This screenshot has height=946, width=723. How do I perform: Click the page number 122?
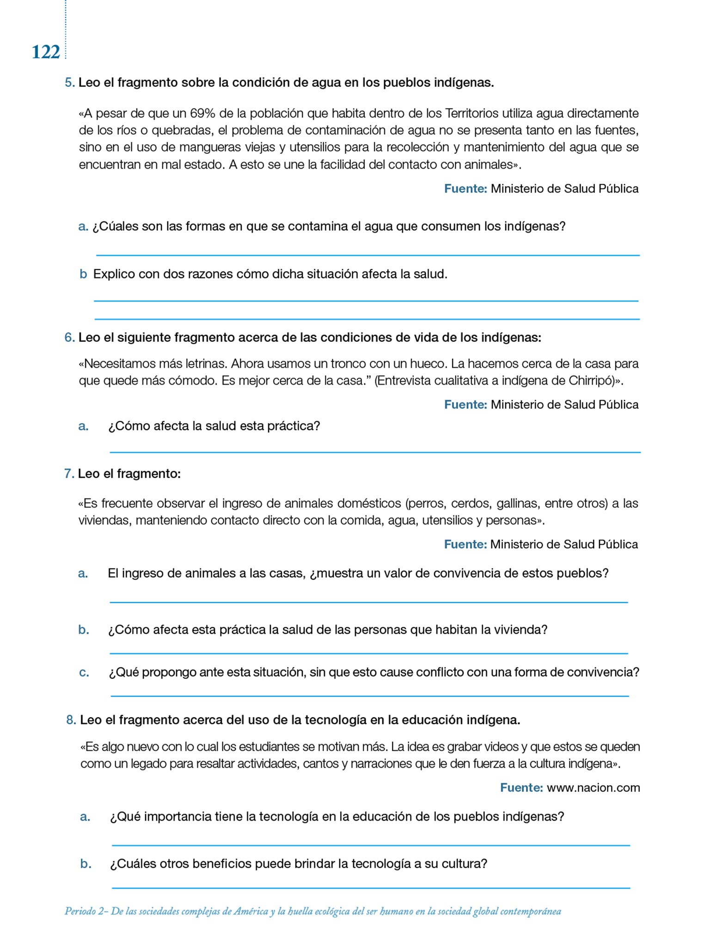point(46,52)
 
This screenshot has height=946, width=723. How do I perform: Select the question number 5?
point(69,83)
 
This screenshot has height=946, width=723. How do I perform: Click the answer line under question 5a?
point(368,255)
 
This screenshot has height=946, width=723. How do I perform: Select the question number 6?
point(69,338)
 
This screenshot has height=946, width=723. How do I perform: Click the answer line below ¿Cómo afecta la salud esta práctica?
point(374,452)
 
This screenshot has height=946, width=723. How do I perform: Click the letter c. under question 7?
point(84,673)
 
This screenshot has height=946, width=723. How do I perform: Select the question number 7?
point(69,474)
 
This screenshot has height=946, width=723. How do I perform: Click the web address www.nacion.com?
point(593,788)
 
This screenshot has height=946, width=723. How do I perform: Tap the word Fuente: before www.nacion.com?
point(521,788)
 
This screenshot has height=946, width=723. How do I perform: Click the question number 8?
point(71,720)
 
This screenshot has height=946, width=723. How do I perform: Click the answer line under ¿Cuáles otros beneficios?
point(371,887)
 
